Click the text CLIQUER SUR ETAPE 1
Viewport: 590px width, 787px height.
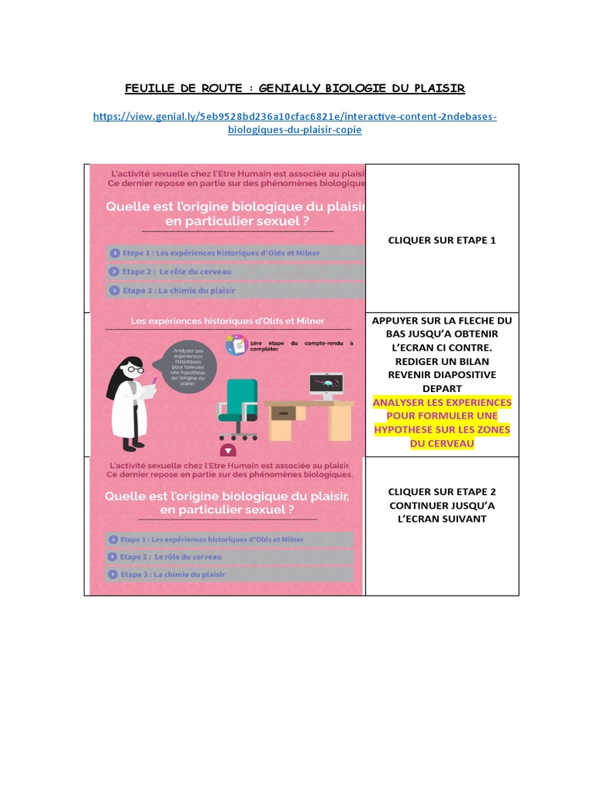pos(442,240)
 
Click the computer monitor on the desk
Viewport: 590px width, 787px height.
pos(326,384)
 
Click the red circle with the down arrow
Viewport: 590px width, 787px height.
pos(227,450)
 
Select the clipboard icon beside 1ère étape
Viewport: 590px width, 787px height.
pos(236,346)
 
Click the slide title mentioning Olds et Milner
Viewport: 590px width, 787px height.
pos(227,320)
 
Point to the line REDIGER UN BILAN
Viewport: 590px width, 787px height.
pos(442,361)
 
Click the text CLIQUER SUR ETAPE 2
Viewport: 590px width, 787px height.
pos(442,491)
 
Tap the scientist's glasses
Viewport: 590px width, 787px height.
pos(134,370)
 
